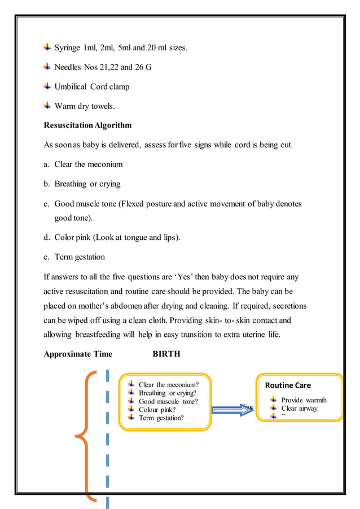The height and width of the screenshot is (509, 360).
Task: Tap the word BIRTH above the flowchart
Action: click(166, 354)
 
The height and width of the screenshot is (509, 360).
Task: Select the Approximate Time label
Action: click(78, 354)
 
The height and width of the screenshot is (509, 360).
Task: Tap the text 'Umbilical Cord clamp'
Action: click(91, 87)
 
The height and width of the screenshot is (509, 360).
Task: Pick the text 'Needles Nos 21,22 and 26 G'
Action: click(102, 68)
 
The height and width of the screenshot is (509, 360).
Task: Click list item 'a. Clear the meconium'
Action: click(83, 164)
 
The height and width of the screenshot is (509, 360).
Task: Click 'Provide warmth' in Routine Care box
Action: click(304, 400)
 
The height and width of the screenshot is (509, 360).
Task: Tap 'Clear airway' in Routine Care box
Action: click(299, 409)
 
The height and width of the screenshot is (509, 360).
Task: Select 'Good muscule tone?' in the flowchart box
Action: click(168, 401)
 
